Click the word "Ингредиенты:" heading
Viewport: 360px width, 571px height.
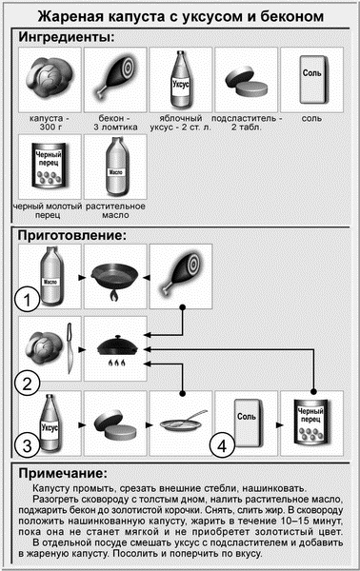tap(67, 37)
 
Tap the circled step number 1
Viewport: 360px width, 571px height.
tap(27, 301)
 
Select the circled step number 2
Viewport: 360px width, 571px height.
tap(27, 384)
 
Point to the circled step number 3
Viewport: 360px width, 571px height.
tap(27, 446)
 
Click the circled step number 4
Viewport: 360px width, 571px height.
tap(222, 445)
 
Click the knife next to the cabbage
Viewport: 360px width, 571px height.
tap(70, 348)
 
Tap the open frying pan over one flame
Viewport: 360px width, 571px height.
tap(115, 280)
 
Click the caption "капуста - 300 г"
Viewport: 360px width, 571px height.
tap(50, 123)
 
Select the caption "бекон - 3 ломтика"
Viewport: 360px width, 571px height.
tap(115, 123)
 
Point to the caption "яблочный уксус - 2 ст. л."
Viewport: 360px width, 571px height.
tap(180, 123)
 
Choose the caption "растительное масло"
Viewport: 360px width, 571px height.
tap(115, 210)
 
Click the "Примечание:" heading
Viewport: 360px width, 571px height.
tap(63, 473)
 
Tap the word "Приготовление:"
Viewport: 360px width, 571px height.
tap(71, 235)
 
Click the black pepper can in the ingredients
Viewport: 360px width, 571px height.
tap(50, 166)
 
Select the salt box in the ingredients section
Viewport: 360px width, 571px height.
tap(312, 79)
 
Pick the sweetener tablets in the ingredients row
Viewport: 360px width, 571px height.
tap(247, 82)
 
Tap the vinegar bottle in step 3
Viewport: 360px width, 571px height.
tap(50, 423)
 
